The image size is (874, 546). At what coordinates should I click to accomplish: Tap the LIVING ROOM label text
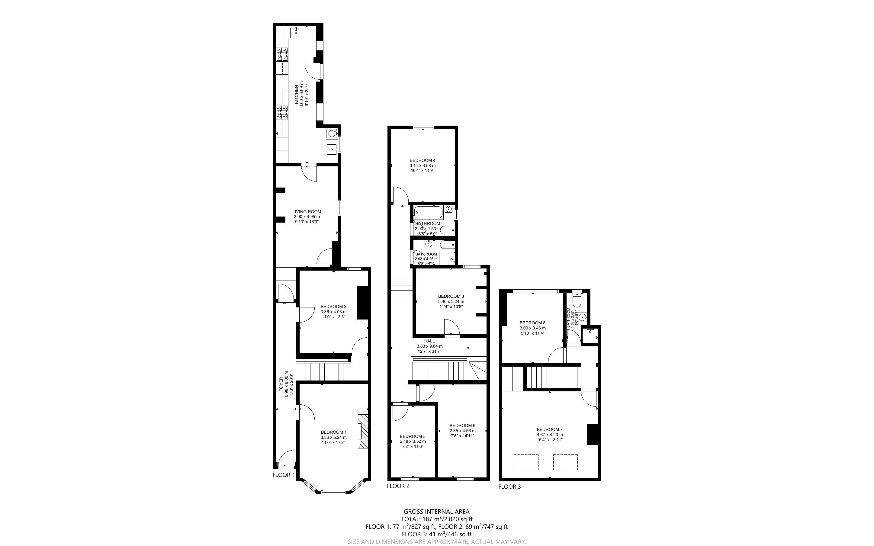click(307, 212)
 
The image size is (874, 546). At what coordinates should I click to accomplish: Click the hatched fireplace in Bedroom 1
click(363, 431)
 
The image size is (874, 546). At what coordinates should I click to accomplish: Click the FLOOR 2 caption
click(398, 486)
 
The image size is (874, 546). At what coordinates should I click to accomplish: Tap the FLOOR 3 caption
click(509, 487)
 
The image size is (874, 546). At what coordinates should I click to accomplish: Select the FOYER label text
click(281, 384)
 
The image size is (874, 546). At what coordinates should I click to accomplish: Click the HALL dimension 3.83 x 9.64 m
click(429, 346)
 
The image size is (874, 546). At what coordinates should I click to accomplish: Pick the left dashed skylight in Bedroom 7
click(526, 462)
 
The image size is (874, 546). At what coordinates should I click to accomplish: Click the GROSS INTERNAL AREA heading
click(436, 511)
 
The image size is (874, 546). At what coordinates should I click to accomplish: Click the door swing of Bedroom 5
click(399, 413)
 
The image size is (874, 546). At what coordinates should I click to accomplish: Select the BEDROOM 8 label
click(532, 323)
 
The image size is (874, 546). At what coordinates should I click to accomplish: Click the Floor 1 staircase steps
click(320, 372)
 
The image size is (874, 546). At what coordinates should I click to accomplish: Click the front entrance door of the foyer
click(285, 459)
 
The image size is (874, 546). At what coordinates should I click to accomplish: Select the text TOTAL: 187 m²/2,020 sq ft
click(436, 519)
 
